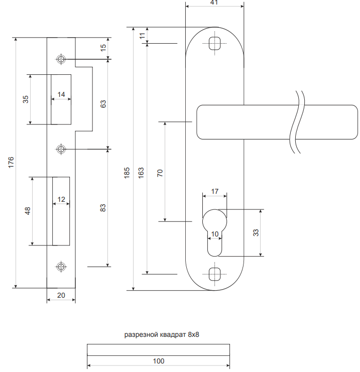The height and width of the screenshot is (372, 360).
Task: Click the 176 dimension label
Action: pyautogui.click(x=11, y=162)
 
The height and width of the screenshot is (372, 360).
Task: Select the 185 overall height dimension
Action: pyautogui.click(x=127, y=173)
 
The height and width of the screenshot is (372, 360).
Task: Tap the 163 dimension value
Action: pyautogui.click(x=141, y=173)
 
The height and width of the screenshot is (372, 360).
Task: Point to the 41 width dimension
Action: pyautogui.click(x=214, y=3)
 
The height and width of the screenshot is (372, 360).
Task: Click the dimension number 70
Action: pyautogui.click(x=160, y=173)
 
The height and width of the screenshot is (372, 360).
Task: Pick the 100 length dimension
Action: pyautogui.click(x=158, y=361)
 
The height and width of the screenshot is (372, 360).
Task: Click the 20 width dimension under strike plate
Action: pyautogui.click(x=61, y=295)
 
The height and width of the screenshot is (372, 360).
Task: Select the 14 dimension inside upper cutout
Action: pyautogui.click(x=61, y=94)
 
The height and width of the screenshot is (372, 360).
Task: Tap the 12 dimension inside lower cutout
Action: pyautogui.click(x=61, y=199)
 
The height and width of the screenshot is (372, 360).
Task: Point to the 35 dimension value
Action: pyautogui.click(x=26, y=99)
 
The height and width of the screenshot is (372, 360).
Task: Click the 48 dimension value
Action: pyautogui.click(x=28, y=210)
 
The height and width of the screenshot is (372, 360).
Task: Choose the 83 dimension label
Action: pyautogui.click(x=103, y=207)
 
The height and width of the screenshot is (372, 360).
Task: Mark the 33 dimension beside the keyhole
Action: pyautogui.click(x=256, y=233)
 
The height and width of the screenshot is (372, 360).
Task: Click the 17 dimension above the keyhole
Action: pyautogui.click(x=214, y=191)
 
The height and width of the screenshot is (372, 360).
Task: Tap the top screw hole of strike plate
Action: pyautogui.click(x=61, y=59)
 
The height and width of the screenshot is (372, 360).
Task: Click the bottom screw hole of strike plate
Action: pyautogui.click(x=61, y=266)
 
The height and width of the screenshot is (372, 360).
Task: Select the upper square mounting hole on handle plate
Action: pyautogui.click(x=214, y=42)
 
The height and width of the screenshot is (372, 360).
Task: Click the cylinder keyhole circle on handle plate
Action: pyautogui.click(x=214, y=221)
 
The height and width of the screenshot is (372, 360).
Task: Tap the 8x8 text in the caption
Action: pyautogui.click(x=194, y=334)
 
